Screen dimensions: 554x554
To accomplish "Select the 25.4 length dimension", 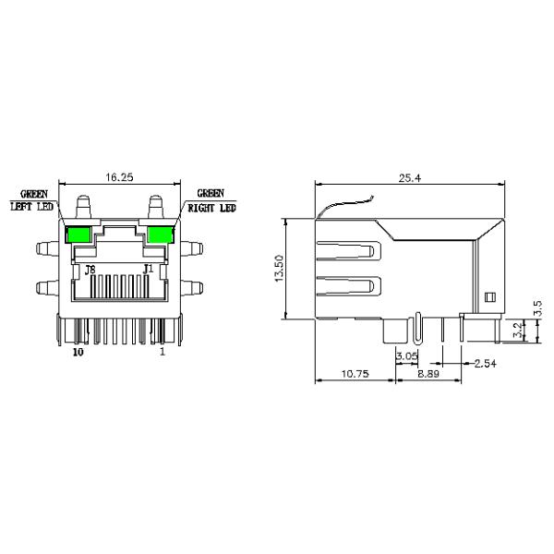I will click(409, 178).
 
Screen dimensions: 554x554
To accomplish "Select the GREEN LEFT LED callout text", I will click(34, 202).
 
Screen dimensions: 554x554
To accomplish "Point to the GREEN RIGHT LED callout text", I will click(211, 202).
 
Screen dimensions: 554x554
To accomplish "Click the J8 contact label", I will click(90, 271).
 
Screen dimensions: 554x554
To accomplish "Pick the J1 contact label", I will click(147, 271).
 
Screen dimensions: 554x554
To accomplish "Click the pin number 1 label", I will click(163, 352).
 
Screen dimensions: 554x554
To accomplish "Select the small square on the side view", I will click(490, 296).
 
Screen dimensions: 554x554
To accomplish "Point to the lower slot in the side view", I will click(348, 288).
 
